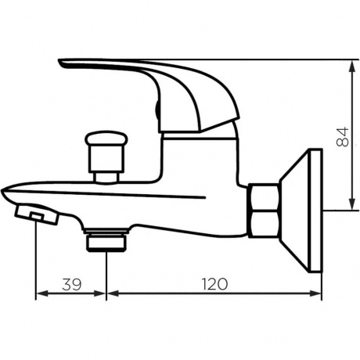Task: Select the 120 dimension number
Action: (212, 284)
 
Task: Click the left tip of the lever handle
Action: (64, 63)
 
